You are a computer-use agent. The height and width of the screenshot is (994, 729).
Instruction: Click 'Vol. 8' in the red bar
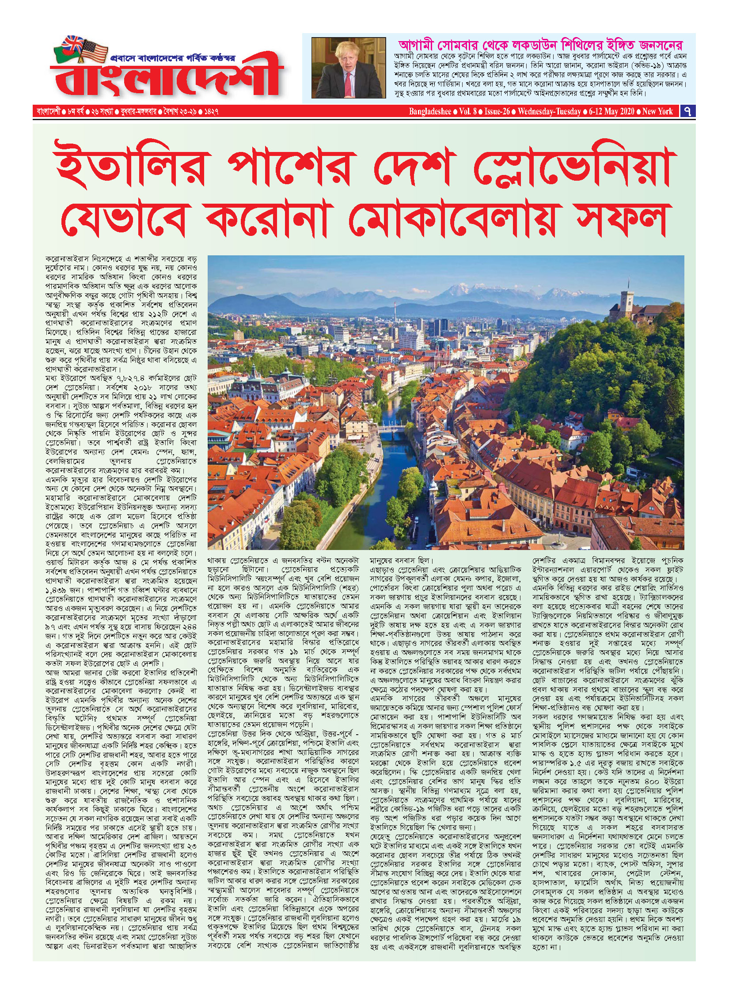[467, 111]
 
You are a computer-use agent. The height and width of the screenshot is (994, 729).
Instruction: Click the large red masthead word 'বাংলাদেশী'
[163, 80]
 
